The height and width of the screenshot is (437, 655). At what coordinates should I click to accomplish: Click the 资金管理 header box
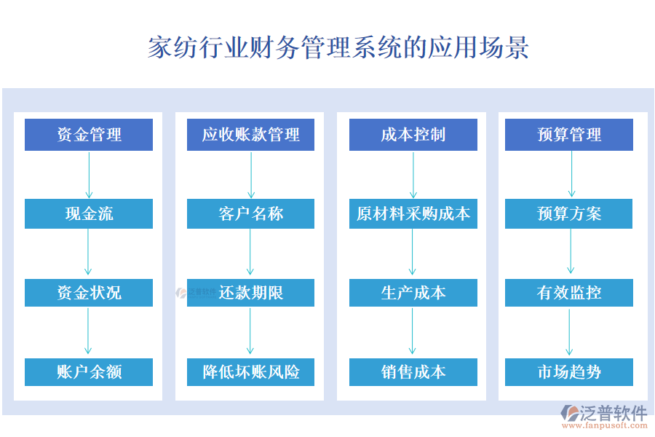pos(89,135)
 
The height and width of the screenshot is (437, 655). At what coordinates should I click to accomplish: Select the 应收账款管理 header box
pos(250,135)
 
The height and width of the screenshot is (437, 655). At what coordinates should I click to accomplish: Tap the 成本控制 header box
pos(413,135)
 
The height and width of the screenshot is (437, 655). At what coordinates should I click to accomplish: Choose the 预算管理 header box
pos(569,135)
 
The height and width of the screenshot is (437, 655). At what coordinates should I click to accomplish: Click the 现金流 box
pos(89,213)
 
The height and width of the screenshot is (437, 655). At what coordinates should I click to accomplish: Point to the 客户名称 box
pos(250,213)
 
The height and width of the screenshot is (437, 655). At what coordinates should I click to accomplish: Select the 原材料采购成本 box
pos(413,213)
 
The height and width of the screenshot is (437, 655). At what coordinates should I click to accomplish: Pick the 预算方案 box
pos(569,213)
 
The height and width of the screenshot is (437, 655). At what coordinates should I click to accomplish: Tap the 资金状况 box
pos(89,293)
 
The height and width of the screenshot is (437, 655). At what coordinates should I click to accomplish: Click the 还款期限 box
pos(250,293)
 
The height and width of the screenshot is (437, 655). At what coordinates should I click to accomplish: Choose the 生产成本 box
pos(413,293)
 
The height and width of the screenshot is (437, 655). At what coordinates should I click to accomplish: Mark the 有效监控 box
pos(569,293)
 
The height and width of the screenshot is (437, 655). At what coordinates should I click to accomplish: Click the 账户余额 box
pos(89,371)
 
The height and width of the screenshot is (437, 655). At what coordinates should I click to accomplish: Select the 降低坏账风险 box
pos(250,371)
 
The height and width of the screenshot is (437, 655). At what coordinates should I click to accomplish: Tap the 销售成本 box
pos(413,371)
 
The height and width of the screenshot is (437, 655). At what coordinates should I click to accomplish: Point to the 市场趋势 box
pos(569,371)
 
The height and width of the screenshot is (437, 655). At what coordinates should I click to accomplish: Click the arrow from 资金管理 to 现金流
pos(89,175)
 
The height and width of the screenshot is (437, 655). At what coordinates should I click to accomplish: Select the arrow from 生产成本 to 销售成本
pos(413,331)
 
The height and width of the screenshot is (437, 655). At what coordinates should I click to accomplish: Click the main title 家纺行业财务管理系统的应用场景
pos(338,47)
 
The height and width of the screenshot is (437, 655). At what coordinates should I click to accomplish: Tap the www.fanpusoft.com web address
pos(605,425)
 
